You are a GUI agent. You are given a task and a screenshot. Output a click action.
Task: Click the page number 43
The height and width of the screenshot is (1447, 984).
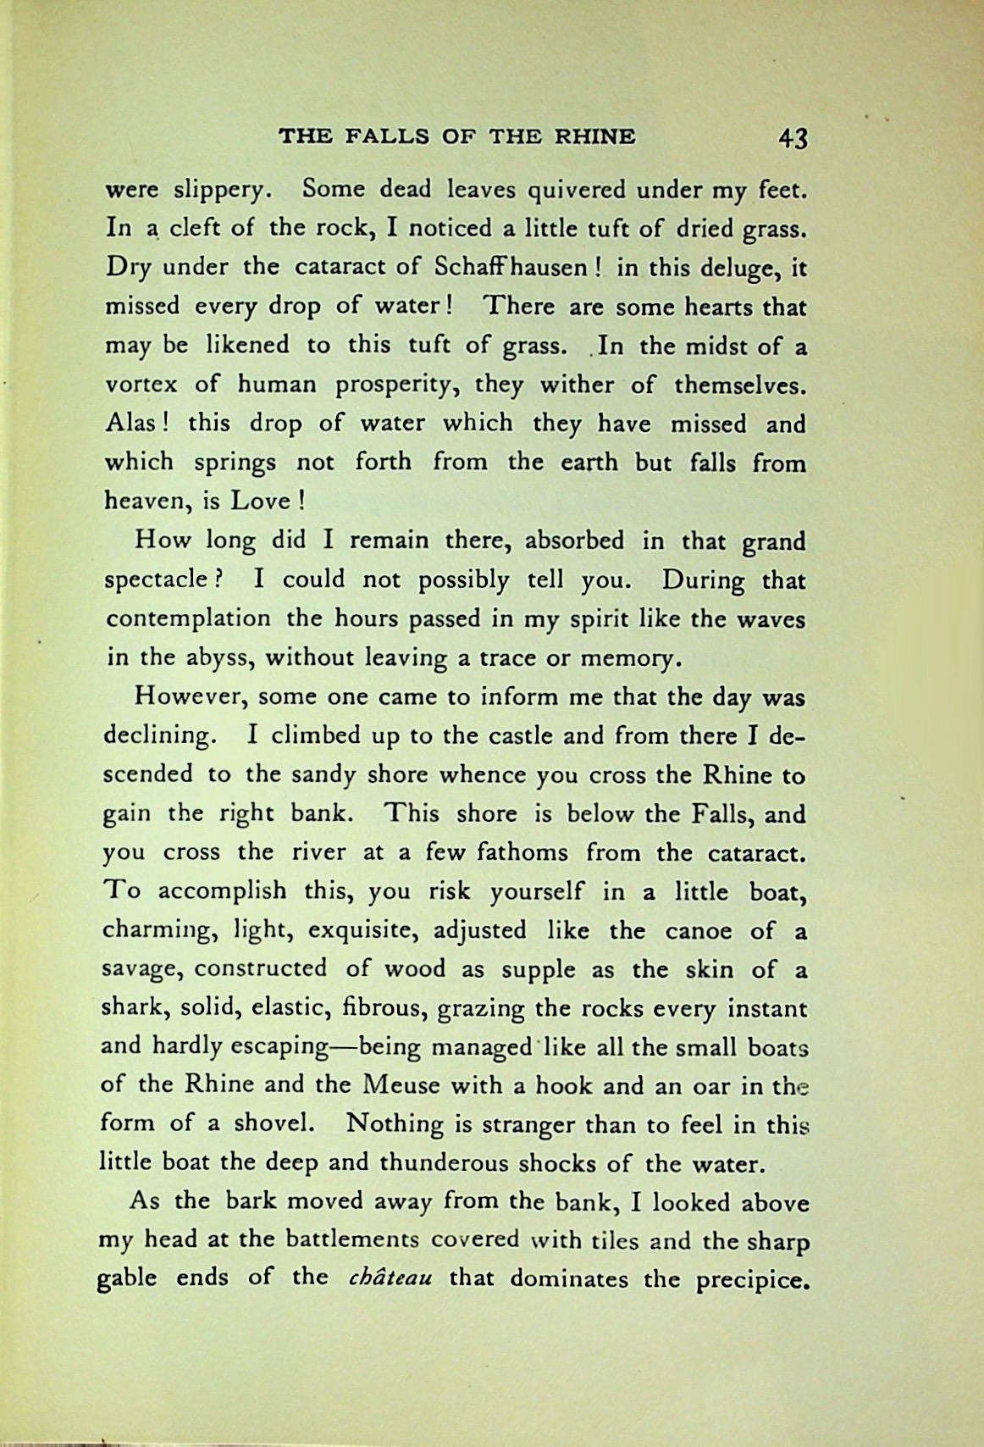point(793,138)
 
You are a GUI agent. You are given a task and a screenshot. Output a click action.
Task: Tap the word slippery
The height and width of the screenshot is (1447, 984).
point(221,191)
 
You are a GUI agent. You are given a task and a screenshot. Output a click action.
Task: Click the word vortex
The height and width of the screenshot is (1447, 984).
point(141,385)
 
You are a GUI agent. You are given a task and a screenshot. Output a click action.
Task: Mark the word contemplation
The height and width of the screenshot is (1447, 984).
point(188,618)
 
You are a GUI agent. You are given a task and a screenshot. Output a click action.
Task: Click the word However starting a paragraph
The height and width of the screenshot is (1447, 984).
point(191,697)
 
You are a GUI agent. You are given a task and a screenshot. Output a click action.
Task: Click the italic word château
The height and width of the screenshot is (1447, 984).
point(390,1278)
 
